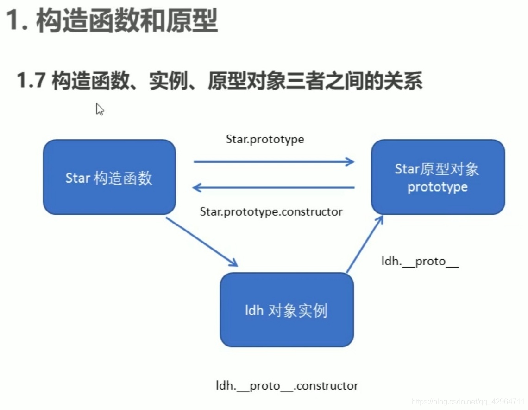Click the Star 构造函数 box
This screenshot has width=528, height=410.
109,177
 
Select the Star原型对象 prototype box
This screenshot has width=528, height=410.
438,177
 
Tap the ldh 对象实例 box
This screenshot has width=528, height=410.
286,310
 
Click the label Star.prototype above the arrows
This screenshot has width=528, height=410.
265,139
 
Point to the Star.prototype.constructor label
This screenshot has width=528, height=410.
271,212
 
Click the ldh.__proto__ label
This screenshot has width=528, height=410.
420,261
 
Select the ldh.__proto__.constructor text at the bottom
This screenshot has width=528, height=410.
287,385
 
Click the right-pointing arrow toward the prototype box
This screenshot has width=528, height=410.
274,162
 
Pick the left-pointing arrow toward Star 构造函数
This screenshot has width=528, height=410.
274,188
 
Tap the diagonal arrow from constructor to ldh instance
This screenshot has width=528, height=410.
201,242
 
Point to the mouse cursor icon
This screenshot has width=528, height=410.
99,109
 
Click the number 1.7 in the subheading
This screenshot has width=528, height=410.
31,81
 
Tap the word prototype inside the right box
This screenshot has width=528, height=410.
438,187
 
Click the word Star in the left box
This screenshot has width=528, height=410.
77,178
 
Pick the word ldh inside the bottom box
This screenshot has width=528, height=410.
254,310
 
